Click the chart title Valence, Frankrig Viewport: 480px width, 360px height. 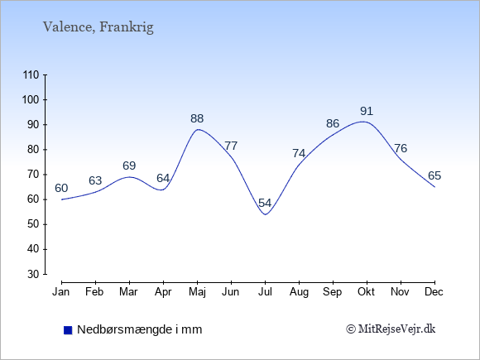tap(98, 27)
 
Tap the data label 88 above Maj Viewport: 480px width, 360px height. tap(197, 118)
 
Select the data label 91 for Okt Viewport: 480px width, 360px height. tap(367, 111)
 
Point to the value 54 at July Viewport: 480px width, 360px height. tap(265, 203)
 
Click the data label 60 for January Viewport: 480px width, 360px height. tap(61, 188)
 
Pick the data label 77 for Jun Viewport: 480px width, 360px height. tap(231, 146)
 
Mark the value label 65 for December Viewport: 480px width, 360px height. tap(434, 175)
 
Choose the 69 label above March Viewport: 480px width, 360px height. tap(129, 166)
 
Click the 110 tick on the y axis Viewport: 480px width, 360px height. tap(31, 75)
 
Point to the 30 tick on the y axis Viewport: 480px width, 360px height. tap(33, 274)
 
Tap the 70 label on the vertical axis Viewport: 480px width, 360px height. tap(33, 175)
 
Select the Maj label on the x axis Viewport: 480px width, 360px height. tap(198, 292)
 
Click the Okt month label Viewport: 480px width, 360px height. tap(367, 292)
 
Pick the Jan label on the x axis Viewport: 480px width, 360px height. tap(61, 292)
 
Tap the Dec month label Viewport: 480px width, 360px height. tap(434, 292)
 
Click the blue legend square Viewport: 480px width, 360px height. tap(68, 330)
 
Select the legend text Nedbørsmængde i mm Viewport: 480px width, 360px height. tap(140, 329)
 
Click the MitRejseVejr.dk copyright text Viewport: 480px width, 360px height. tap(391, 329)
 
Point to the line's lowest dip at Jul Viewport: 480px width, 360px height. tap(265, 214)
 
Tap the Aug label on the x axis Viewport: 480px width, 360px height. tap(299, 292)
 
